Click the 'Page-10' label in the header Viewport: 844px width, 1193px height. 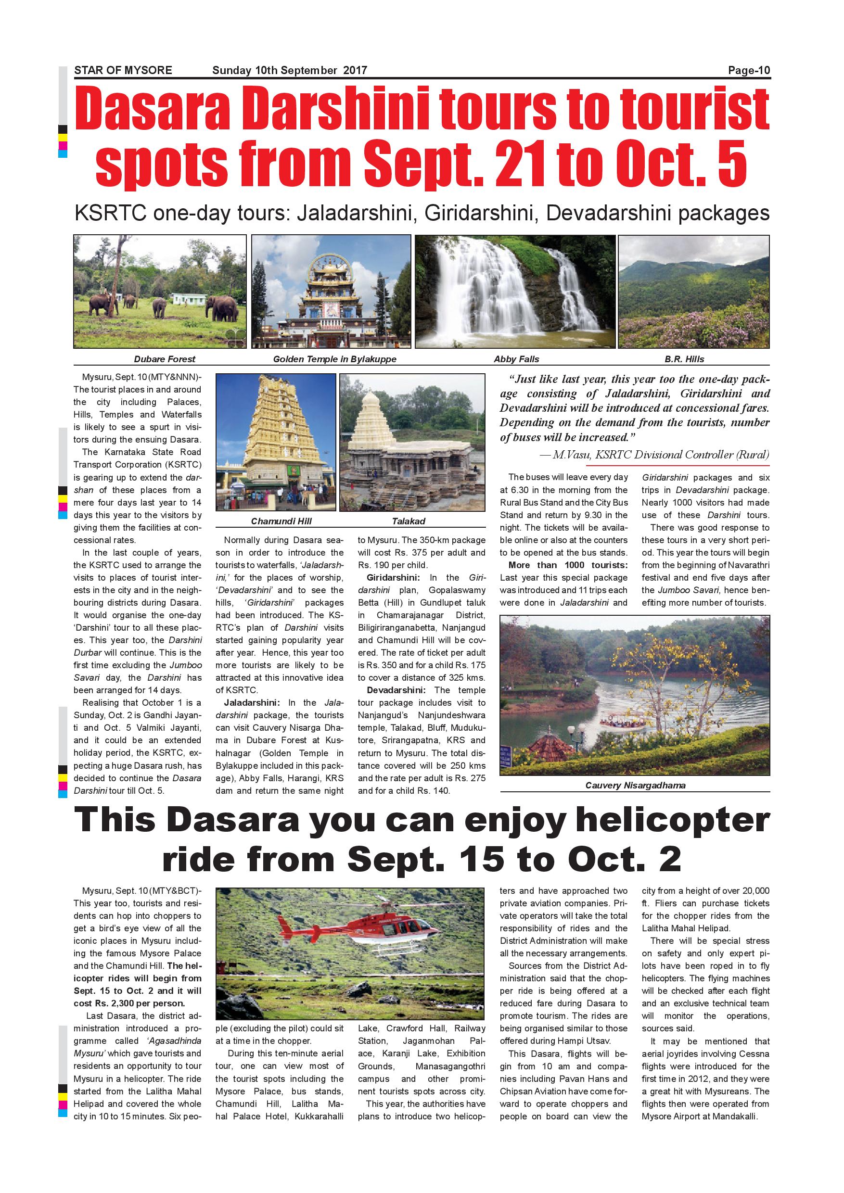coord(749,71)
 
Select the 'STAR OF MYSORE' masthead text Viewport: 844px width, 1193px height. coord(123,71)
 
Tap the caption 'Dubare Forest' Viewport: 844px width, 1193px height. coord(164,359)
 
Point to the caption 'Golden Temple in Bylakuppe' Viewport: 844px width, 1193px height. coord(335,359)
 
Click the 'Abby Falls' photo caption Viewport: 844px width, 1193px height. coord(516,359)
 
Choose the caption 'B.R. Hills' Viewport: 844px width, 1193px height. coord(684,359)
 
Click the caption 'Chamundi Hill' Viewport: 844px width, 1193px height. coord(281,521)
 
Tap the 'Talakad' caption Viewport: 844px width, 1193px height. coord(409,521)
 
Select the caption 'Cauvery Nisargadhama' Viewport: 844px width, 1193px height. coord(635,785)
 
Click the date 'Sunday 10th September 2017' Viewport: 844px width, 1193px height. coord(290,71)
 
